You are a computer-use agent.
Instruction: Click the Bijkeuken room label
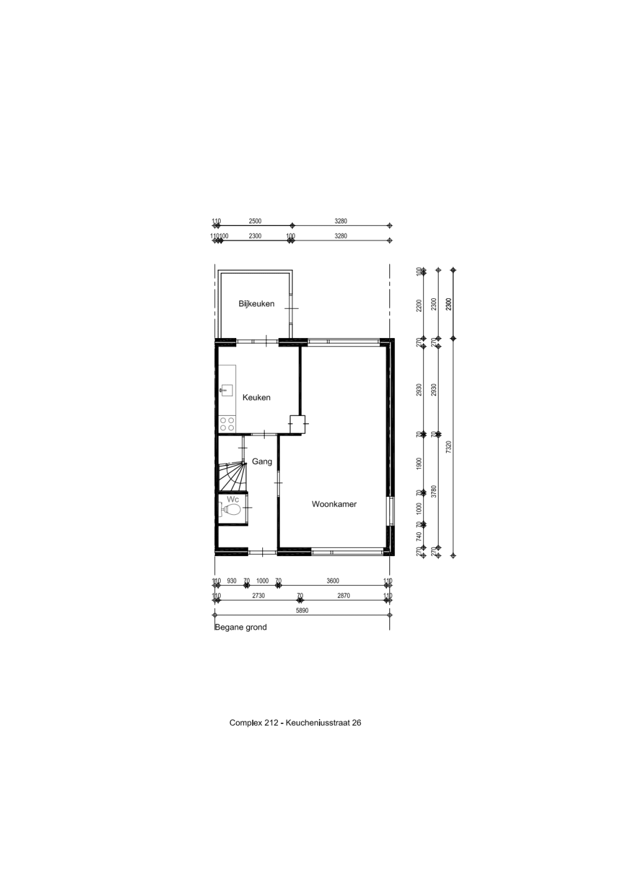click(x=256, y=304)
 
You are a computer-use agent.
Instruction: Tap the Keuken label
click(x=256, y=397)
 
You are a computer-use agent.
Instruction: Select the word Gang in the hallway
click(x=262, y=461)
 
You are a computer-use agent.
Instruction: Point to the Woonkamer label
click(x=334, y=504)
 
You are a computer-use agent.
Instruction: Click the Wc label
click(x=233, y=499)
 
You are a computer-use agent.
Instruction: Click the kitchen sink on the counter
click(x=226, y=390)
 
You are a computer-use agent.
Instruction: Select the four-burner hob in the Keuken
click(x=227, y=424)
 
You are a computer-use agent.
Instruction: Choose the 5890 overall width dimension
click(x=302, y=611)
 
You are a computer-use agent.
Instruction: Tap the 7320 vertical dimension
click(x=449, y=447)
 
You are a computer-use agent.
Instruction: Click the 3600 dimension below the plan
click(x=333, y=581)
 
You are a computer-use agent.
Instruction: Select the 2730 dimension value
click(x=258, y=596)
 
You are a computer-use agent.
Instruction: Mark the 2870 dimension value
click(x=343, y=596)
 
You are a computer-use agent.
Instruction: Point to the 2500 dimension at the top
click(x=255, y=221)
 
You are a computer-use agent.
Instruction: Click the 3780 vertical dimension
click(x=434, y=492)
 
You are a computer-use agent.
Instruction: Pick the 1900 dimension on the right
click(x=419, y=463)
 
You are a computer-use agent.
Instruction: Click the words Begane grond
click(x=240, y=627)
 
